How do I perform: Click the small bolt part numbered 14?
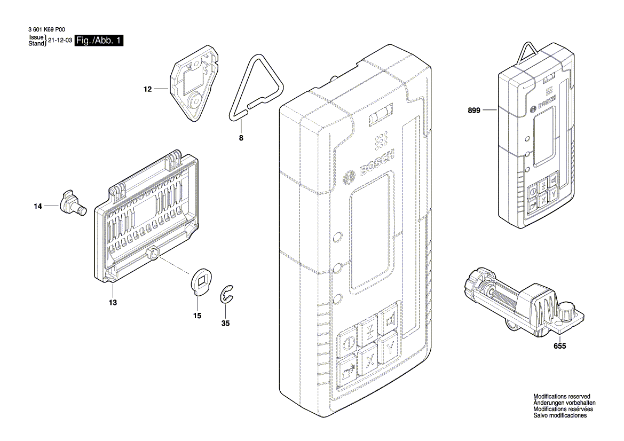72,203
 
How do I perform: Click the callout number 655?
559,346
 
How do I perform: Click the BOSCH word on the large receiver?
377,163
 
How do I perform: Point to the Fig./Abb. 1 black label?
99,41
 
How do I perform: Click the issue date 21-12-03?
60,41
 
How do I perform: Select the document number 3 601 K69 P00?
45,31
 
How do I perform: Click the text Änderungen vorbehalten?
564,403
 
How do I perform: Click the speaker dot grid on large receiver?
380,141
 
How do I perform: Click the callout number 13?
113,302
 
